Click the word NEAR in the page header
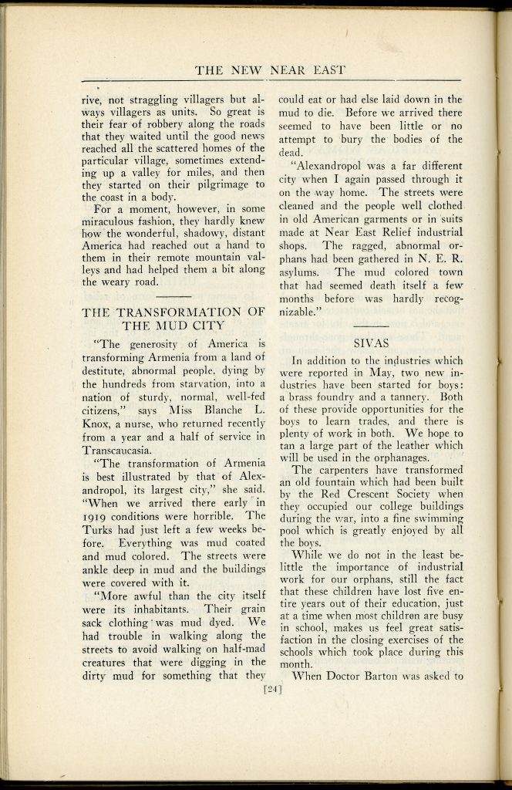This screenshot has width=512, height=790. [x=287, y=71]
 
